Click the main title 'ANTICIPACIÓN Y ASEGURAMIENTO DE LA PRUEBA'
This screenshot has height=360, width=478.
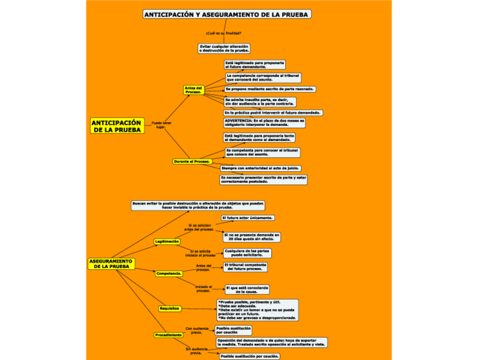[227, 14]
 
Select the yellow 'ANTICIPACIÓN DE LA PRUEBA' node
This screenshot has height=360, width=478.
[116, 126]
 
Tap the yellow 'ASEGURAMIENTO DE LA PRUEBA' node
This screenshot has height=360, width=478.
[111, 264]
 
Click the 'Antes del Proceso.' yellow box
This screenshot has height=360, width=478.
[193, 90]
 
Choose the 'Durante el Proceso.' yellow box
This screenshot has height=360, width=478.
[191, 161]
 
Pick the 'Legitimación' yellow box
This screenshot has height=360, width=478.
[167, 242]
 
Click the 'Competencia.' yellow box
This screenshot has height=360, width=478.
[169, 274]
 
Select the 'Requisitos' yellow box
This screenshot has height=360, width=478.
[169, 309]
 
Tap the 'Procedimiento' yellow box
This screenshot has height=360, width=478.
[169, 335]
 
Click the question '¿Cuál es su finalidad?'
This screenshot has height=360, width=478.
[224, 33]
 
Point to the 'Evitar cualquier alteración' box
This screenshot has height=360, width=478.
[224, 49]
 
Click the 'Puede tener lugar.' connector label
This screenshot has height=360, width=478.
[161, 125]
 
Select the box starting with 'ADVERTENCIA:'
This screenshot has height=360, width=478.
[264, 122]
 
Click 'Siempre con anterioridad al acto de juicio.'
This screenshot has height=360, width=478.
[260, 168]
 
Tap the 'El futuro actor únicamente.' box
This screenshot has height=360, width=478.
[248, 217]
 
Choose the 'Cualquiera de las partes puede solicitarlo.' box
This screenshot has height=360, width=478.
[247, 253]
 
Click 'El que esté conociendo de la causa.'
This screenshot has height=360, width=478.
[247, 289]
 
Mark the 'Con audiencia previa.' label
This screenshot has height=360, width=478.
[197, 330]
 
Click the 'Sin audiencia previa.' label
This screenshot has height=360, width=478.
[196, 351]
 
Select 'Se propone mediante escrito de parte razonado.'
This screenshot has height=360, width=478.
[270, 89]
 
